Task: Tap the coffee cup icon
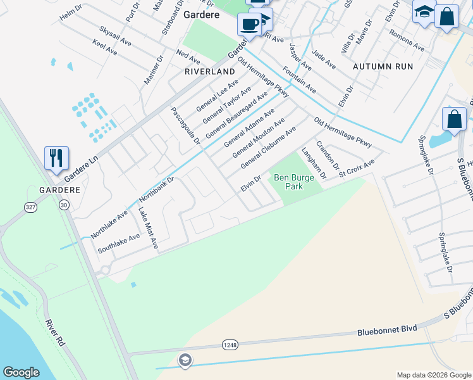[249, 24]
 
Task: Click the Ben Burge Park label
[293, 182]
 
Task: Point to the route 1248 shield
[230, 344]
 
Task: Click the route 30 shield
[63, 205]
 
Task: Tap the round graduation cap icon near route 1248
[185, 361]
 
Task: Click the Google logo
[21, 372]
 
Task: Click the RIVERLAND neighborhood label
[209, 72]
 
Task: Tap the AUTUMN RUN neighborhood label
[383, 66]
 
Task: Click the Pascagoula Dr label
[185, 125]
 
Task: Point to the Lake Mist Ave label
[148, 228]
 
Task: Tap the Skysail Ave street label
[115, 36]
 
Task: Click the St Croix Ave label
[357, 167]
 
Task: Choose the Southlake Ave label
[118, 243]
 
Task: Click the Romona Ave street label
[406, 40]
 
